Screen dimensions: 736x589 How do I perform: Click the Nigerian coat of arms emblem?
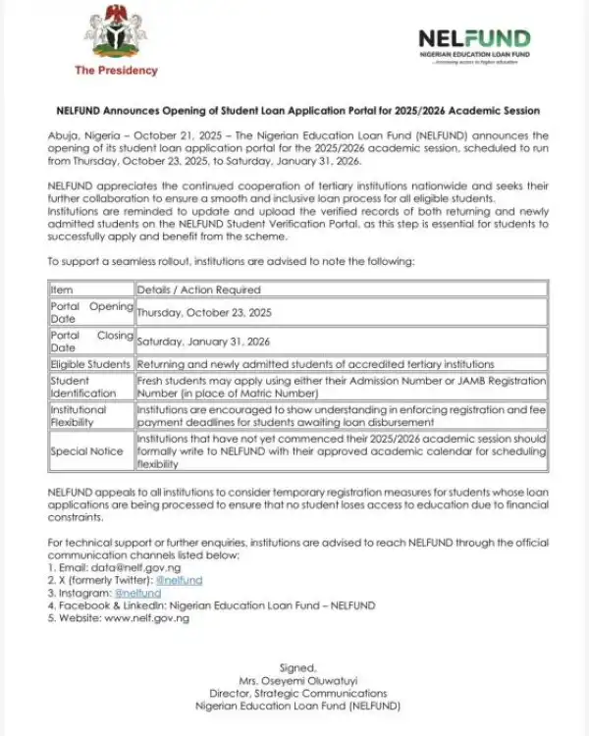[x=116, y=34]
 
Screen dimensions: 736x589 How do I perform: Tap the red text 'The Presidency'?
[x=116, y=71]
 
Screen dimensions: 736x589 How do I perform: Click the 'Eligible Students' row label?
[x=90, y=364]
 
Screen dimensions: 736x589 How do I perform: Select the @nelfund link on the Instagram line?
[x=137, y=593]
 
